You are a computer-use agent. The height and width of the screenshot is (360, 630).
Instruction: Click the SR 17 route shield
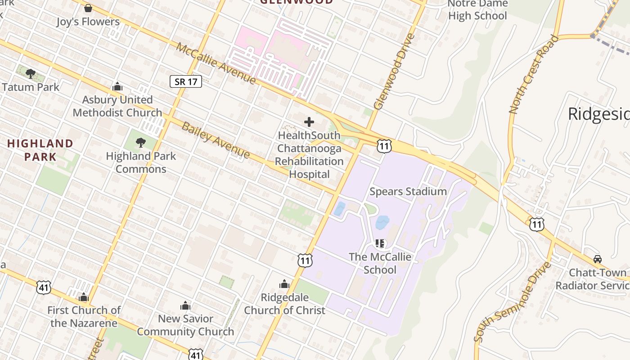click(x=185, y=81)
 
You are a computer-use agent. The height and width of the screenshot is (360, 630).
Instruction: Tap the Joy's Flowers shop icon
click(x=88, y=9)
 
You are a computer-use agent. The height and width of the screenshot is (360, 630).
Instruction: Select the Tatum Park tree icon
click(x=30, y=73)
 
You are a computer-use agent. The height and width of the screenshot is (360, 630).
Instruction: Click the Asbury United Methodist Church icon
click(x=117, y=86)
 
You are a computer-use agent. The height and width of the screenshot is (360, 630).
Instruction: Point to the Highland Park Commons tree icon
click(x=141, y=143)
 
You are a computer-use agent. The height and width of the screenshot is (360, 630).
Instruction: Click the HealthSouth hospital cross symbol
click(x=309, y=121)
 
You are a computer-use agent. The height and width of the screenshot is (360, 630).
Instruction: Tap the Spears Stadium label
click(x=408, y=191)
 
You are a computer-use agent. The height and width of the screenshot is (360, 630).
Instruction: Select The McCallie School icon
click(x=380, y=243)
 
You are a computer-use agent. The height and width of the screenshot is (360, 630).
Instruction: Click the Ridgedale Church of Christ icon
click(x=284, y=284)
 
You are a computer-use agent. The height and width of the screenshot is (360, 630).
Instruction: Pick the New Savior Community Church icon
click(x=185, y=306)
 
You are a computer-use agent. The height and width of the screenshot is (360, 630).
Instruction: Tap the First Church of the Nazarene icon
click(x=84, y=297)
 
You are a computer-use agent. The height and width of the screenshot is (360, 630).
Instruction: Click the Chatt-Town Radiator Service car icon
click(x=598, y=259)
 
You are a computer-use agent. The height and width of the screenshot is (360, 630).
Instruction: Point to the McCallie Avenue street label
click(x=216, y=63)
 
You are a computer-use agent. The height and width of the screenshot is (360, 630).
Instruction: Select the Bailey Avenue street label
click(x=216, y=139)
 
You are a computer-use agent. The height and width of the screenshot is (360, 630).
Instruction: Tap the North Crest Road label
click(x=534, y=74)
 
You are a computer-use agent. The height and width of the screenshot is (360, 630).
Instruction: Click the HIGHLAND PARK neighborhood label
click(x=40, y=150)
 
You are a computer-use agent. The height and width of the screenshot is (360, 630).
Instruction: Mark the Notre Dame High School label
click(x=477, y=10)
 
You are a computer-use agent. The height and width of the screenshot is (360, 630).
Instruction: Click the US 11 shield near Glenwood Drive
click(x=384, y=146)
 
